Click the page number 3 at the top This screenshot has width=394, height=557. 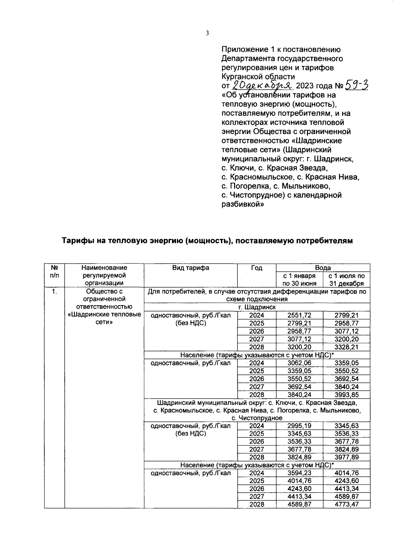(207, 33)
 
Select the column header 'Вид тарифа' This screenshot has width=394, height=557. (190, 268)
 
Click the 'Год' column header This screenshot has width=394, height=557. (256, 268)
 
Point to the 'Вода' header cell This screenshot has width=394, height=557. (323, 268)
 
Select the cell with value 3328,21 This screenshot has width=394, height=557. (346, 347)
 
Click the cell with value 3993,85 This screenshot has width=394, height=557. (346, 395)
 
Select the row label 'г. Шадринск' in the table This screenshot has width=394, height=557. (257, 307)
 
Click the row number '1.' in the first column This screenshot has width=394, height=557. (55, 291)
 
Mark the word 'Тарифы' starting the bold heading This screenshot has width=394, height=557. (77, 241)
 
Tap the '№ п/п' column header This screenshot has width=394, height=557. (55, 271)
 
